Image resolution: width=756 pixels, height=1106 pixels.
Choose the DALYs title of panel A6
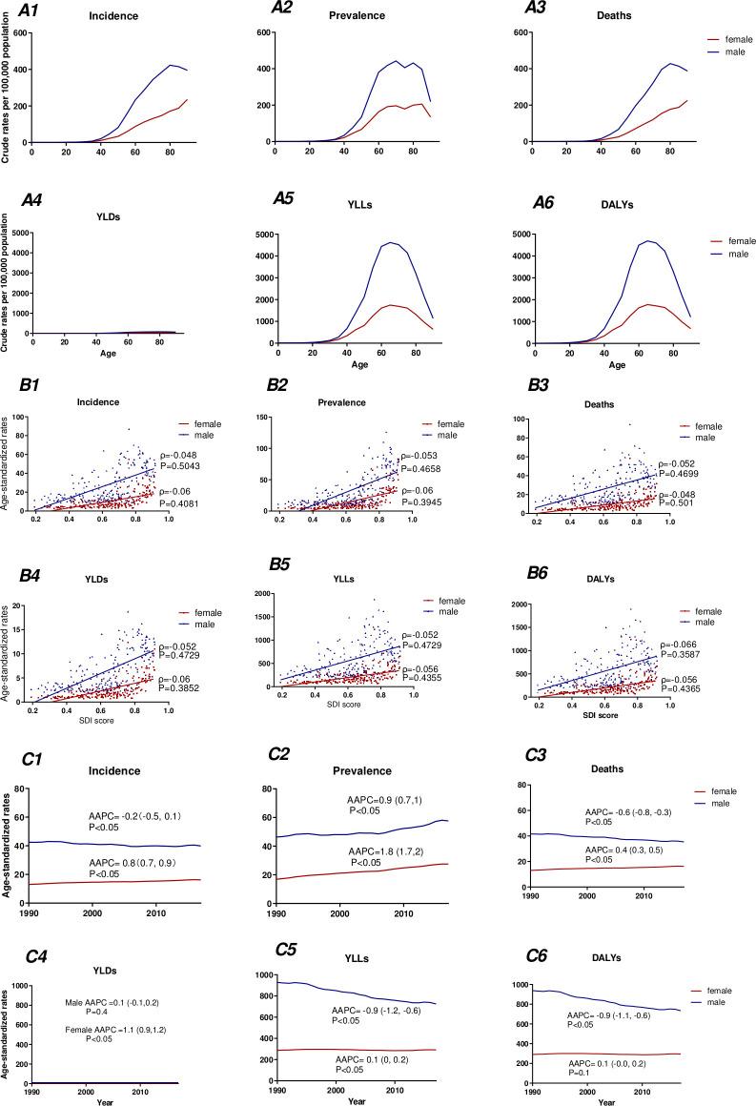(612, 216)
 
